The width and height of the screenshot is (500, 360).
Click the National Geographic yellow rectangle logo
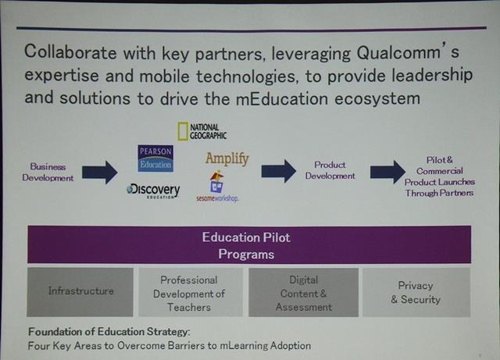click(182, 131)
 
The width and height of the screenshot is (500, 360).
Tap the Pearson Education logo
click(155, 159)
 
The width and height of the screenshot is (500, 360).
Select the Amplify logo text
click(227, 159)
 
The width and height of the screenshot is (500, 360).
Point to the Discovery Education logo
click(153, 191)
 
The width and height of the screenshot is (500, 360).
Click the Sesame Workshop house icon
click(216, 182)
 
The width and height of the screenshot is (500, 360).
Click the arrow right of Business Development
click(100, 172)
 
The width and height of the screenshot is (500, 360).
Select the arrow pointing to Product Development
click(279, 172)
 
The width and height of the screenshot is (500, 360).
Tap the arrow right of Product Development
click(387, 172)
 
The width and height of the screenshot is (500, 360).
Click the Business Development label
click(48, 172)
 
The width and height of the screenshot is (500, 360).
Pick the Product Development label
click(330, 170)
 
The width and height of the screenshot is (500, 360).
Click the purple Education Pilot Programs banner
click(249, 244)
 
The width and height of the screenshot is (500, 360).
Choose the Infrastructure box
click(80, 292)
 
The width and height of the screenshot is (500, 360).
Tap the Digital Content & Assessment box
click(303, 292)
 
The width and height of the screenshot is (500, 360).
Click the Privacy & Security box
click(416, 292)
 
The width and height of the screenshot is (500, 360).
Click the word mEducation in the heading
click(282, 98)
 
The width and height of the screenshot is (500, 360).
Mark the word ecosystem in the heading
click(377, 99)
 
